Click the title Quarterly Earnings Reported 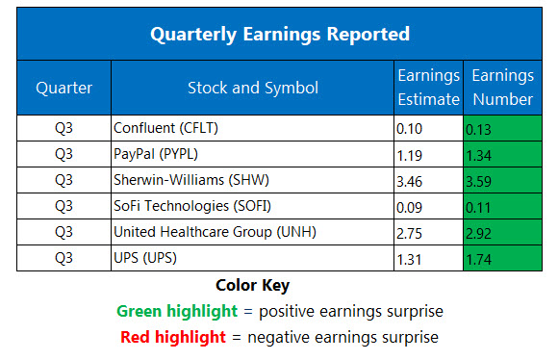coord(279,34)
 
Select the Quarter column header coord(63,88)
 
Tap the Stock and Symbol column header coord(253,88)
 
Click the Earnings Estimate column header coord(428,88)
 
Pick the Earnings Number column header coord(501,88)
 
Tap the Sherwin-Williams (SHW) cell coord(179,179)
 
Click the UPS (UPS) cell coord(144,257)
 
